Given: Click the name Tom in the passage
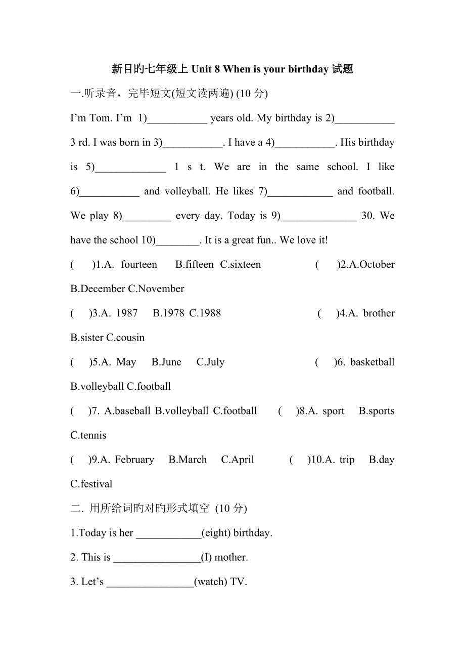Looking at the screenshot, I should tap(101, 118).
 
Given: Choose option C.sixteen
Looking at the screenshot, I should tap(241, 264).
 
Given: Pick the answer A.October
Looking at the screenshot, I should tap(370, 264).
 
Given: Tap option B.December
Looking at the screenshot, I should tap(98, 289).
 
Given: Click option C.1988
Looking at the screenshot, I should tap(205, 313).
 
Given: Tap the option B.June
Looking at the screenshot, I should tap(166, 362).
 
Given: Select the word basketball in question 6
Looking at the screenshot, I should tap(372, 362).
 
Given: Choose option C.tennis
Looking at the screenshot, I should tap(88, 435).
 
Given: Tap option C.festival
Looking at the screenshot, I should tap(91, 484).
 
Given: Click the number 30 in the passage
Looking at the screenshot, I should tap(367, 216).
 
